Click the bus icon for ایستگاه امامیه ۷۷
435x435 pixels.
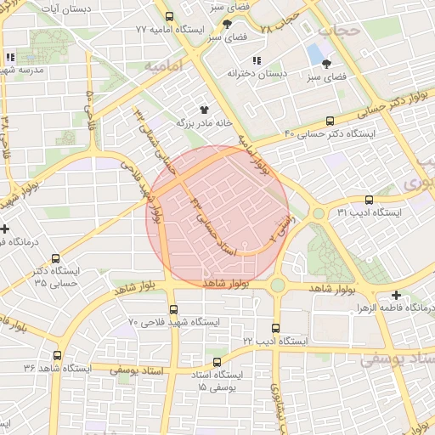tap(169, 16)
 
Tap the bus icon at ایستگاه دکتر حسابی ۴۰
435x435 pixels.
tap(330, 121)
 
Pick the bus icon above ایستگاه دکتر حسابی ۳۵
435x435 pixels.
tap(56, 259)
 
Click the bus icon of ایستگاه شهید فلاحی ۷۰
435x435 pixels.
tap(174, 309)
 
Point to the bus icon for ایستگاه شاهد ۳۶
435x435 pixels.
tap(57, 356)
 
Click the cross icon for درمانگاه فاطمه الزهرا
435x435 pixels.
tap(397, 295)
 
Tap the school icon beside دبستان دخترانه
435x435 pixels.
tap(256, 60)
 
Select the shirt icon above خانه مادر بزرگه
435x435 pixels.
tap(204, 110)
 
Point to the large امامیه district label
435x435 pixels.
tap(165, 65)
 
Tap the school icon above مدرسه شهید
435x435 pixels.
tap(10, 59)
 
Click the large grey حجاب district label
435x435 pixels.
tap(340, 31)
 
